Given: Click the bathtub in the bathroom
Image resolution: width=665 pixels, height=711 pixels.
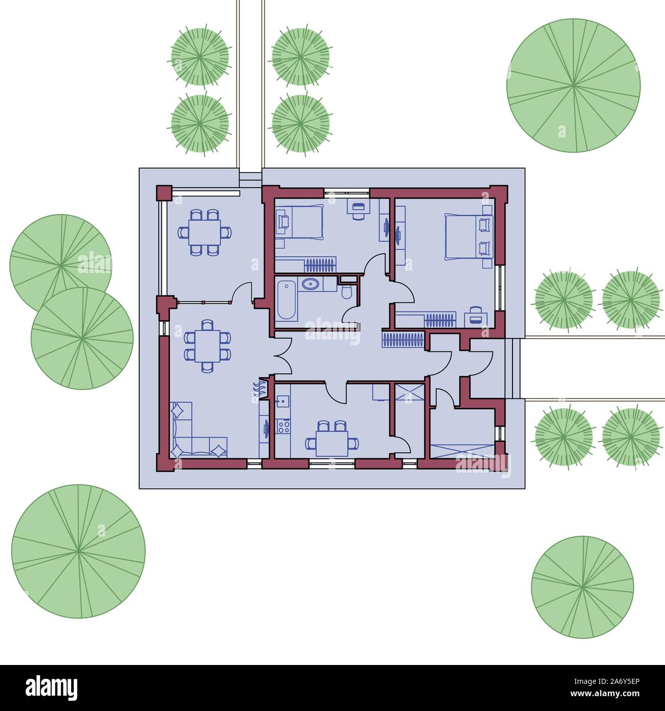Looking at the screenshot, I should [x=286, y=299].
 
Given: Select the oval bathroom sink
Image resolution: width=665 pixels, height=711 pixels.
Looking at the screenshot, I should [x=309, y=284].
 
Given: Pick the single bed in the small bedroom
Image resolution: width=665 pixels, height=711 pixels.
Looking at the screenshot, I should [x=300, y=221].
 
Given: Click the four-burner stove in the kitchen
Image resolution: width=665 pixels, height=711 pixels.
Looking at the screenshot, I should [x=283, y=426].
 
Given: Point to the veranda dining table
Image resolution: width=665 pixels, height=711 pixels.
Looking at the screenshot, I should [x=204, y=232].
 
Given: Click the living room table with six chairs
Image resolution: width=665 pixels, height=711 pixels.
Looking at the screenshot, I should [x=207, y=345].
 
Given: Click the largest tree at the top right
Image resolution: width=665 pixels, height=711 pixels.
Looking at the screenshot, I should [x=573, y=85].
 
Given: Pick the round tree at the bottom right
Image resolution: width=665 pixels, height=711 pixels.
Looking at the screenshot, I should [x=582, y=587].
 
